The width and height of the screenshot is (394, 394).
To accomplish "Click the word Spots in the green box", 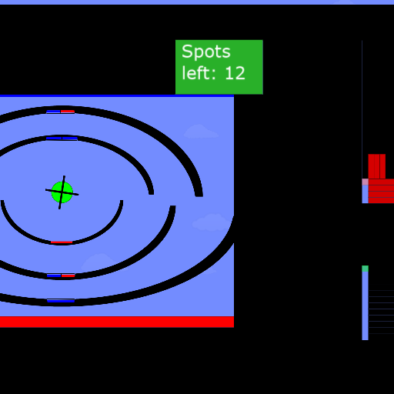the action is pyautogui.click(x=206, y=52).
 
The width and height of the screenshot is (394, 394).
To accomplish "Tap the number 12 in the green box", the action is pyautogui.click(x=235, y=73).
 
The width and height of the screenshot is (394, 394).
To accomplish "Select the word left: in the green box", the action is pyautogui.click(x=198, y=73).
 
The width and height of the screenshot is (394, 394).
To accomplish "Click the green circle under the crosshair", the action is pyautogui.click(x=62, y=192).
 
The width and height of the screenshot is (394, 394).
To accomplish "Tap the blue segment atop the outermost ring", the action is pyautogui.click(x=53, y=112).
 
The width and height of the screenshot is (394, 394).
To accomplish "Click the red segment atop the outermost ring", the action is pyautogui.click(x=68, y=112).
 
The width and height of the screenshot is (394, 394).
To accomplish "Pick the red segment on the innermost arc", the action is pyautogui.click(x=62, y=242).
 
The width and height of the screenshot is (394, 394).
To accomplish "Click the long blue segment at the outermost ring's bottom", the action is pyautogui.click(x=61, y=301).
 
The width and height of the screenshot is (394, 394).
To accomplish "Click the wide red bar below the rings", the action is pyautogui.click(x=117, y=322).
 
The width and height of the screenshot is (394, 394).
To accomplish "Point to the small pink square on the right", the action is pyautogui.click(x=365, y=182).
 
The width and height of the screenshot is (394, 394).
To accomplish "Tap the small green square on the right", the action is pyautogui.click(x=365, y=269).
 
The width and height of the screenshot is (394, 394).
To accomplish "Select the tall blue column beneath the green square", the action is pyautogui.click(x=365, y=306).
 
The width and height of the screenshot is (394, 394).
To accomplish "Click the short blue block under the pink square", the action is pyautogui.click(x=365, y=194).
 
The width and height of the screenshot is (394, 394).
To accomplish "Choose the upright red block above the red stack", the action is pyautogui.click(x=377, y=166).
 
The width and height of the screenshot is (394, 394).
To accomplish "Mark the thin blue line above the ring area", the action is pyautogui.click(x=117, y=95).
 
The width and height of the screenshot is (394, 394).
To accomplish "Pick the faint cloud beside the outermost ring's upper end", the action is pyautogui.click(x=201, y=132).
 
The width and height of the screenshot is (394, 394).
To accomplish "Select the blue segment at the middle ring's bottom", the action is pyautogui.click(x=54, y=275).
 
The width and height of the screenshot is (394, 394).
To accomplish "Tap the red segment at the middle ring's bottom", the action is pyautogui.click(x=68, y=275).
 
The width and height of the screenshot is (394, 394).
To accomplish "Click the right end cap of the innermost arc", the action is pyautogui.click(x=122, y=202).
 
